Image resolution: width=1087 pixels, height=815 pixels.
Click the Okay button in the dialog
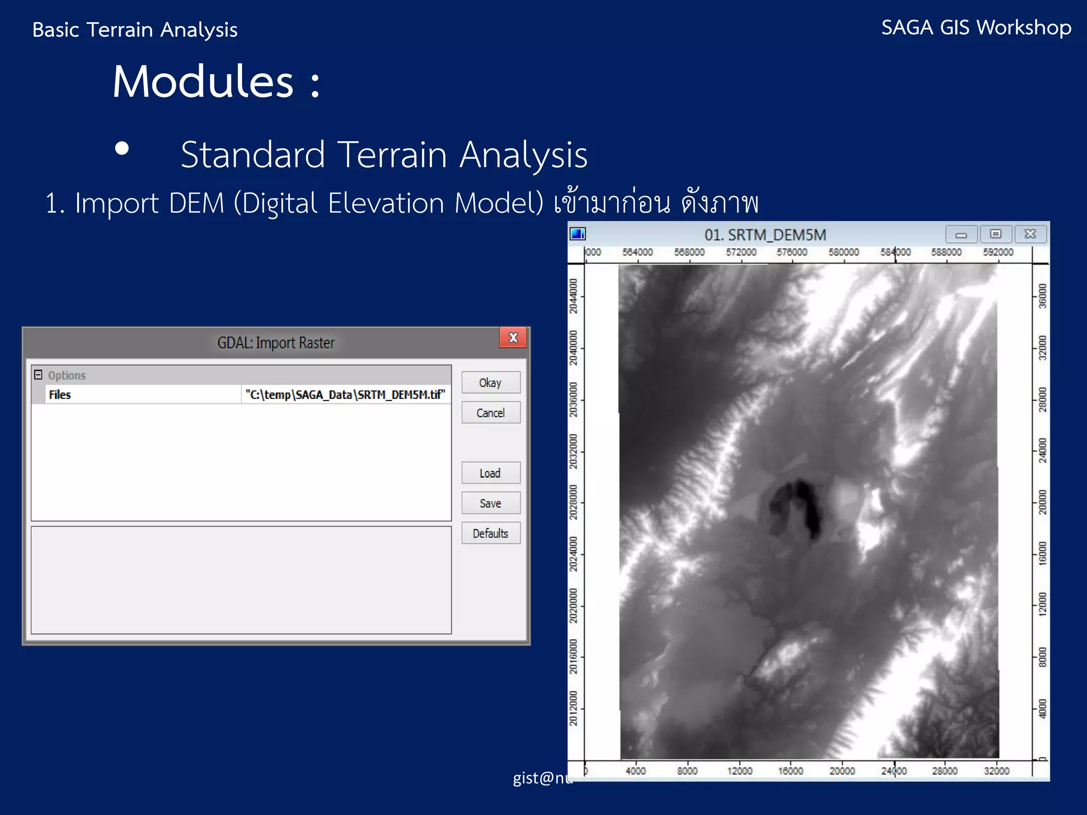pos(490,383)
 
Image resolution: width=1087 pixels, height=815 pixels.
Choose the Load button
pos(490,473)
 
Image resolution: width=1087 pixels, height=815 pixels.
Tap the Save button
pos(490,503)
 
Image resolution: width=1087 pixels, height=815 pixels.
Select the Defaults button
pos(490,533)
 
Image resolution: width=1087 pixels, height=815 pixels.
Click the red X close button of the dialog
pos(513,337)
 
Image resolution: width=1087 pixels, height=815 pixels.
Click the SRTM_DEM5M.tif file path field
pos(345,395)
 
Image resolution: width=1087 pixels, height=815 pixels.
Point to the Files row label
pos(60,395)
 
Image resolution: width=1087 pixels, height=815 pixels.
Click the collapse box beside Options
pos(38,375)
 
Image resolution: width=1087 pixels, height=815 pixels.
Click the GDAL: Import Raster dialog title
pos(275,343)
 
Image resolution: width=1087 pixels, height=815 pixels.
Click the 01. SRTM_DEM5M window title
pos(765,235)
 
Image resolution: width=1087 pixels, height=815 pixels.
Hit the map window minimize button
pos(961,235)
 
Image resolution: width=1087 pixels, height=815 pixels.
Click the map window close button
pos(1030,235)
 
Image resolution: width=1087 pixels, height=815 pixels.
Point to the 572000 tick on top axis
pos(741,253)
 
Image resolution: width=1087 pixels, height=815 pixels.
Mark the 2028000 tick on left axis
pos(574,502)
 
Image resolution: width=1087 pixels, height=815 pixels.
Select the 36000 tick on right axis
pos(1042,296)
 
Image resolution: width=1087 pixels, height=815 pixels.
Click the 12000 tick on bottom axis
pos(739,771)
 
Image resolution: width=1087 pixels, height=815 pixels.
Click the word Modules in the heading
pos(203,82)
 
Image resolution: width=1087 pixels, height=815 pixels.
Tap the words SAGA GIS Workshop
pos(976,28)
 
